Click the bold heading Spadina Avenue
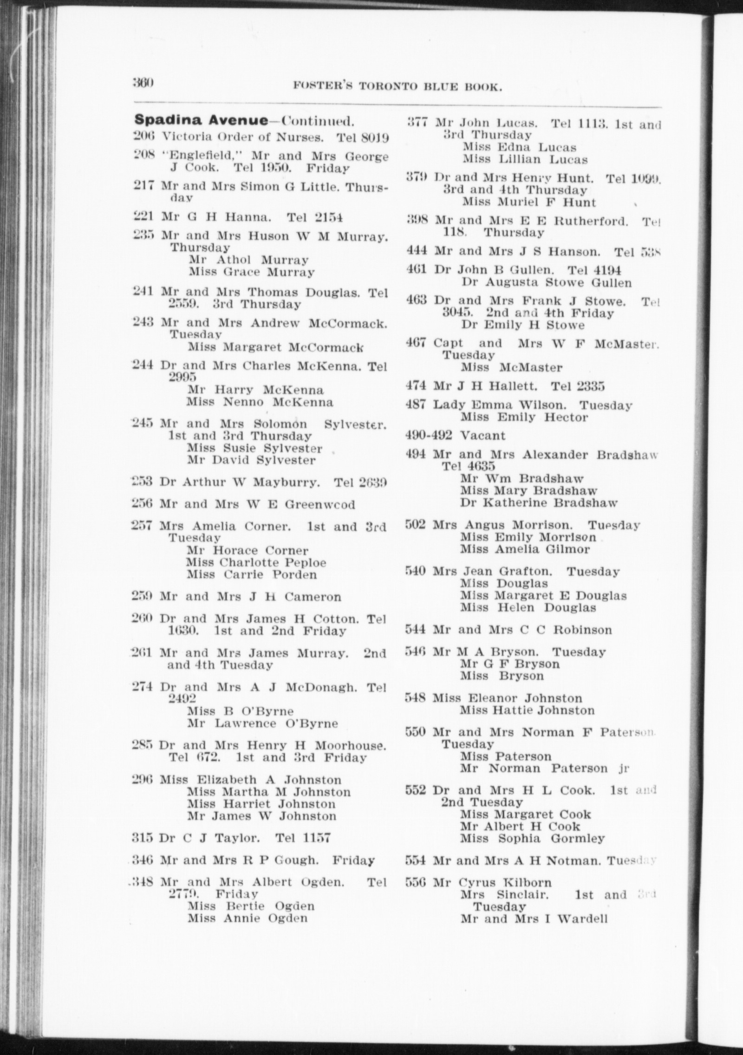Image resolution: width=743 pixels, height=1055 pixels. coord(201,121)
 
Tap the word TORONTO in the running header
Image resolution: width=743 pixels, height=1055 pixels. coord(381,86)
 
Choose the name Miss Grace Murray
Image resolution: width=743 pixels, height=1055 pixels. coord(251,272)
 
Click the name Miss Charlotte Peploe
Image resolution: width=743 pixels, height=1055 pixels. coord(256,562)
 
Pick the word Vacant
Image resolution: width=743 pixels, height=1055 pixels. coord(482,436)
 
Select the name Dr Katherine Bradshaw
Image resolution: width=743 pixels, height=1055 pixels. coord(539,502)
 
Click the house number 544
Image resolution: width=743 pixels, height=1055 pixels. coord(416,630)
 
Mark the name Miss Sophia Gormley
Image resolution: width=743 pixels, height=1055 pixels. coord(533,839)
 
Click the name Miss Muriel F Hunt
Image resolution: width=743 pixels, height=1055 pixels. coord(529,202)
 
